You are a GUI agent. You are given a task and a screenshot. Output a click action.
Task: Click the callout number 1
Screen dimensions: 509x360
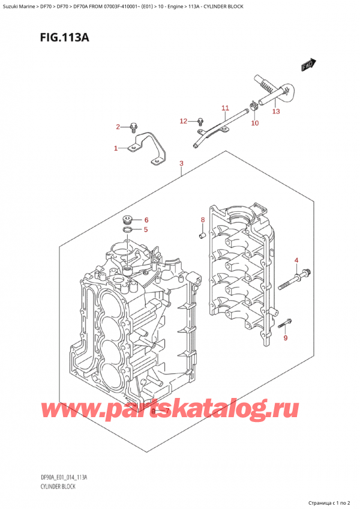click(116, 148)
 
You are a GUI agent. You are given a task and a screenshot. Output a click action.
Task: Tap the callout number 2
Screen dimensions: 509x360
click(118, 127)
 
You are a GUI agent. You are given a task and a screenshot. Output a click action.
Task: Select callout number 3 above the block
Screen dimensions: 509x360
click(181, 163)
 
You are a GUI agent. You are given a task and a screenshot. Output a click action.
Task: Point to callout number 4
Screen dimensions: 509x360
click(296, 259)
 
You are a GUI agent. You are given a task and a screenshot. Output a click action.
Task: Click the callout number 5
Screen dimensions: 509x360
click(145, 229)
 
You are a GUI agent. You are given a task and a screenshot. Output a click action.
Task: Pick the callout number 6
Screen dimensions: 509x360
click(145, 219)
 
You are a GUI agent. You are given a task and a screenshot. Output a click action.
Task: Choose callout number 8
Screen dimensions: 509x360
click(203, 220)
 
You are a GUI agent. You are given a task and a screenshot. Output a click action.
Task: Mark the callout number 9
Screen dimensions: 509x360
click(286, 339)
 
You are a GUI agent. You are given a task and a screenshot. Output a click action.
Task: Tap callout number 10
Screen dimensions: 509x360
click(254, 123)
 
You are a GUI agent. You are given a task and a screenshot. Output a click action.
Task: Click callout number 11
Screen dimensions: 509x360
click(225, 108)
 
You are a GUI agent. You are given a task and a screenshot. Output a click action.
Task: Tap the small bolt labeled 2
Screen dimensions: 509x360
click(134, 127)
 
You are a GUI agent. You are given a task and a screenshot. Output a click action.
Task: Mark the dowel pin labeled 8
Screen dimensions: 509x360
click(202, 234)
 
